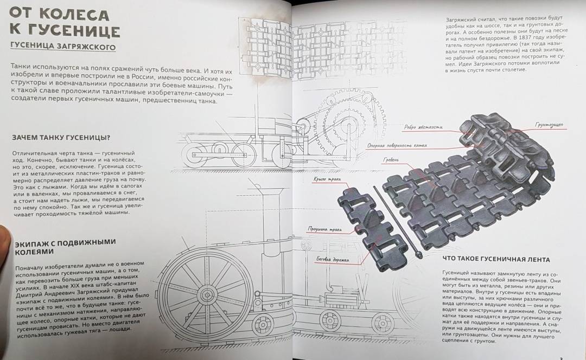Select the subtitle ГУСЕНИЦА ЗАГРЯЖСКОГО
[63, 47]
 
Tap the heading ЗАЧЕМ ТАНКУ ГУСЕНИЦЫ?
[61, 137]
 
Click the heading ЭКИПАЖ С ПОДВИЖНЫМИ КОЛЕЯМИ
[65, 247]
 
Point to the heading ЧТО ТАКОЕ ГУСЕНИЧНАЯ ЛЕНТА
[496, 259]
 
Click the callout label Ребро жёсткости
[423, 127]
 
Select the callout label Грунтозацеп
[549, 125]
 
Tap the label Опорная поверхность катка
[397, 146]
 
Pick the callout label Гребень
[391, 160]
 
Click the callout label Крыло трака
[327, 179]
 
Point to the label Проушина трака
[324, 229]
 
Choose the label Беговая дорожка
[333, 259]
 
